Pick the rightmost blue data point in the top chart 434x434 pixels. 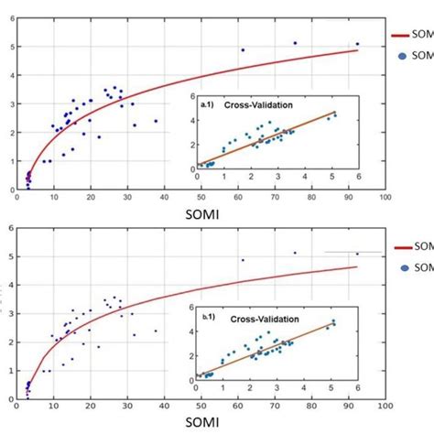(357, 44)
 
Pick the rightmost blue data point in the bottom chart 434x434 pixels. (357, 254)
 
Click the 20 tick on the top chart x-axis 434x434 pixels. (91, 195)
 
